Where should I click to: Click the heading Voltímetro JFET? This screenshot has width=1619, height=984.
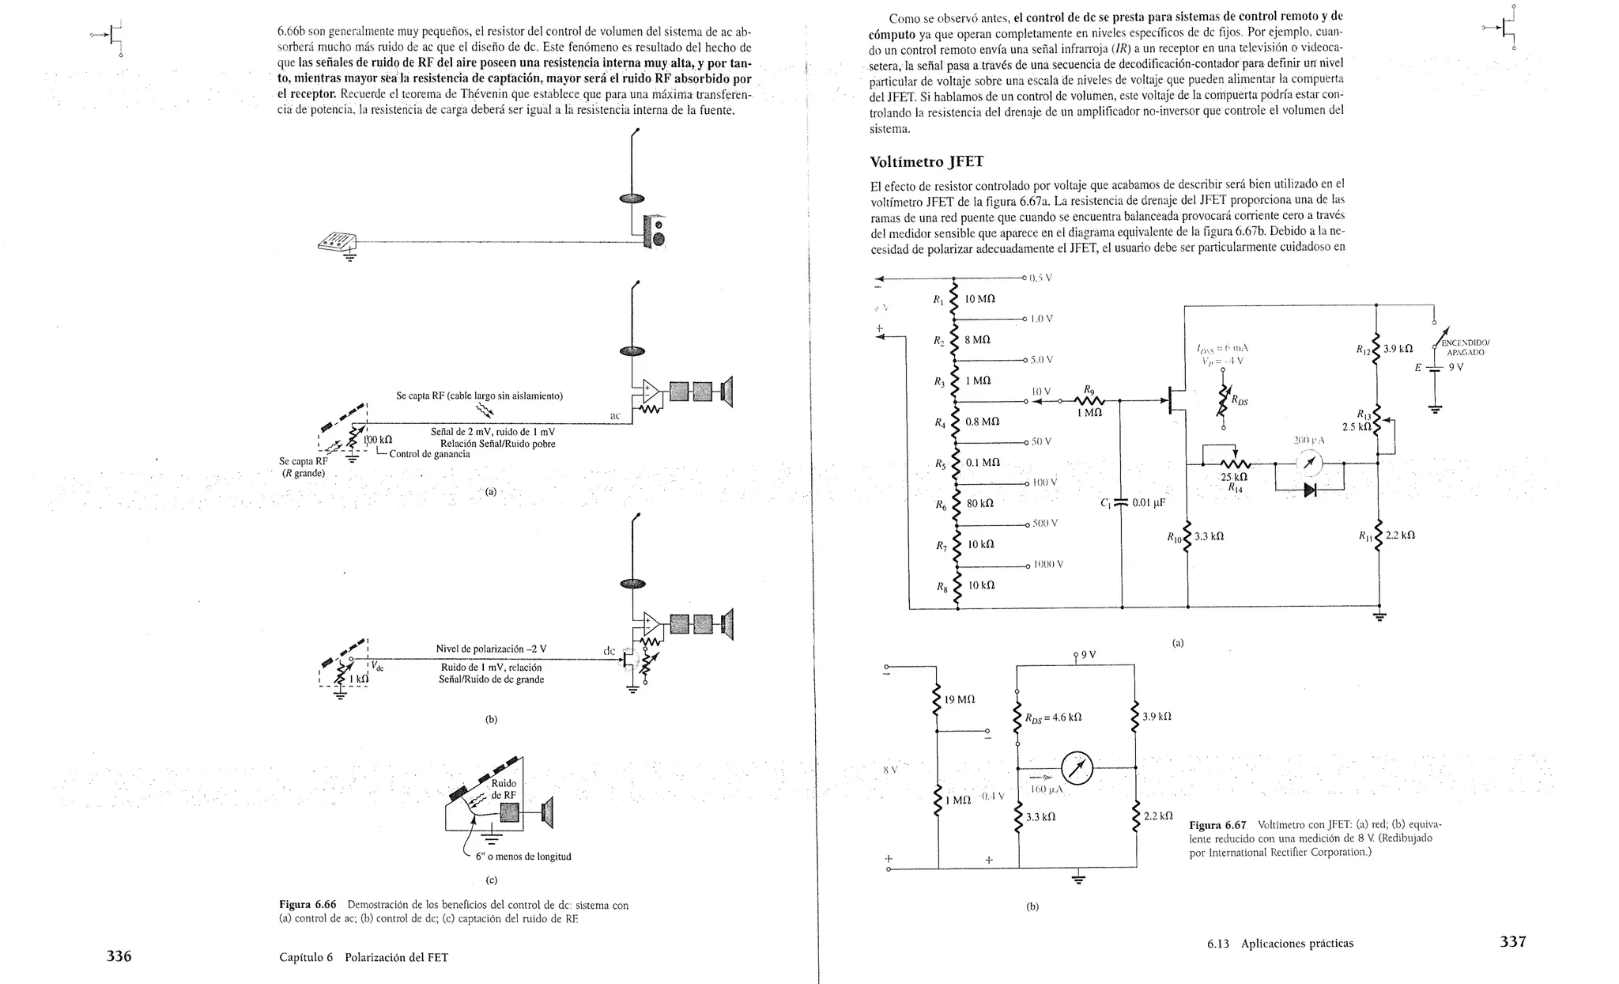click(x=926, y=162)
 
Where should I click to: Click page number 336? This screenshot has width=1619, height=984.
click(x=119, y=956)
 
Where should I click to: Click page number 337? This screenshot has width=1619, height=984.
click(x=1513, y=941)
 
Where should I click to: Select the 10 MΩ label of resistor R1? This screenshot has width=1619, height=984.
click(x=979, y=299)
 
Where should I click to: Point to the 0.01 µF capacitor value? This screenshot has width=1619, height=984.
click(x=1149, y=503)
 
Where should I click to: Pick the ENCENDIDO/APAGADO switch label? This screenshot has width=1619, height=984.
click(x=1465, y=348)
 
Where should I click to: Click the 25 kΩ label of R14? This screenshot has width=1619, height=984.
click(x=1234, y=477)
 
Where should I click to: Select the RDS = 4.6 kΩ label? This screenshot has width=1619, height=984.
click(x=1053, y=718)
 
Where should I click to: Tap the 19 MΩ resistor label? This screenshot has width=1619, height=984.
click(x=960, y=700)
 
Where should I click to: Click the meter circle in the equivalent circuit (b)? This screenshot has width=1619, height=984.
click(x=1077, y=767)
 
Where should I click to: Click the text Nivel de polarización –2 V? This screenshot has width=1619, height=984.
click(x=491, y=649)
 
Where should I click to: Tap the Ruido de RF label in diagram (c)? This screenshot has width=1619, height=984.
click(x=504, y=789)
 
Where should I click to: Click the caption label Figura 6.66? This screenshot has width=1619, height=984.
click(x=308, y=905)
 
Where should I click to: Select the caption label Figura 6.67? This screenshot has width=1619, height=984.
click(x=1217, y=824)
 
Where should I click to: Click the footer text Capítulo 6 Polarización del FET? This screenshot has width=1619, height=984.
click(x=364, y=957)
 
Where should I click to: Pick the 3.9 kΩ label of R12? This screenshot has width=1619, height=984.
click(x=1396, y=348)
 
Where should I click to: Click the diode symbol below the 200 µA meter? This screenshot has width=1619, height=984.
click(x=1310, y=490)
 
